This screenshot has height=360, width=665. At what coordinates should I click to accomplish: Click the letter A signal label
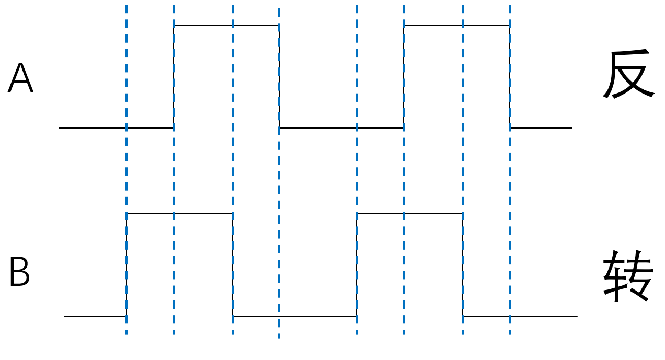pos(20,78)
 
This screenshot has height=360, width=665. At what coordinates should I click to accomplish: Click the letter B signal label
pos(19,272)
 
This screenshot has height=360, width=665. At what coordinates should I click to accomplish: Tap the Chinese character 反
pos(628,74)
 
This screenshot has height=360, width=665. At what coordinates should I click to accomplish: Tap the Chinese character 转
pos(628,275)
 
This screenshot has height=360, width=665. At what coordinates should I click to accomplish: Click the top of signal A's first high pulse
pos(226,26)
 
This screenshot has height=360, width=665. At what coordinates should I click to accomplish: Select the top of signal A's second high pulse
pos(456,26)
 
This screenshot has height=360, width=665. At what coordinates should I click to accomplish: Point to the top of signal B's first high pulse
pos(179,214)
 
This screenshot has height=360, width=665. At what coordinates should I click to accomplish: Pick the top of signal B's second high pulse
pos(409,214)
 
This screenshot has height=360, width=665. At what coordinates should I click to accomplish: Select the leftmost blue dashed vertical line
pos(127,167)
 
